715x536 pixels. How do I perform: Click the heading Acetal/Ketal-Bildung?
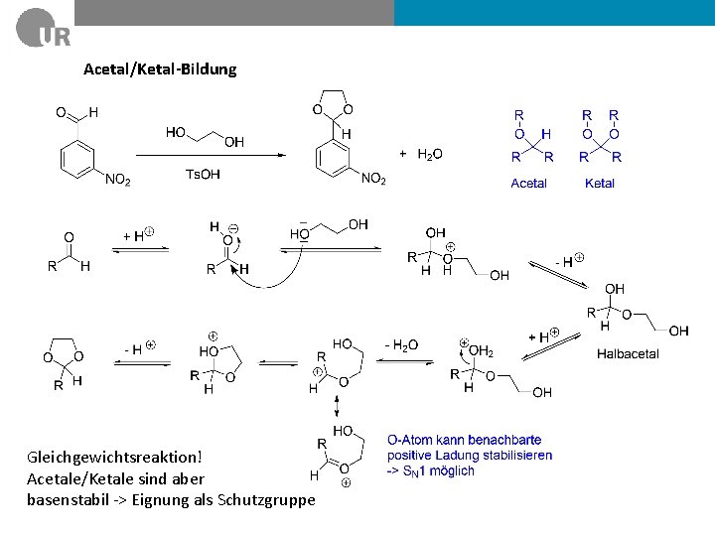[x=160, y=68]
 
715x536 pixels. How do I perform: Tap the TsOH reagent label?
[x=203, y=175]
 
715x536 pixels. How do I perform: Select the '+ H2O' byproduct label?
[x=421, y=154]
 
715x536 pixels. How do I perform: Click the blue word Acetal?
[x=528, y=183]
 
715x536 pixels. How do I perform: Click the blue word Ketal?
[x=600, y=183]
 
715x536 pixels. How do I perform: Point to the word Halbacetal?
[x=628, y=353]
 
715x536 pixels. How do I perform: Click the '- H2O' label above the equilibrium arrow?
[x=401, y=344]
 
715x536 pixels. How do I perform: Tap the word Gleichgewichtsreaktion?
[x=114, y=458]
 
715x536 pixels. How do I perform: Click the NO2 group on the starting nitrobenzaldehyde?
[x=117, y=179]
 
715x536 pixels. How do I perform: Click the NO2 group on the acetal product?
[x=373, y=179]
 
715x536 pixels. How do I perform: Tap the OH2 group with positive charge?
[x=480, y=350]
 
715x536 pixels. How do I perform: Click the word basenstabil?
[x=69, y=499]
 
